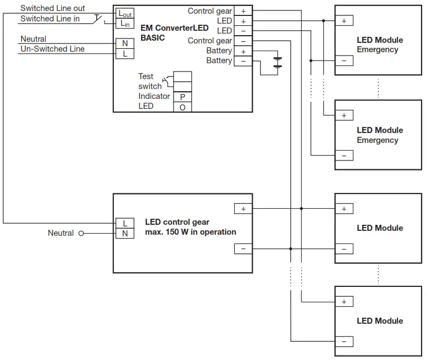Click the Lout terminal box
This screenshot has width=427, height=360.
pyautogui.click(x=125, y=14)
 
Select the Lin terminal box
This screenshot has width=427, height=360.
pyautogui.click(x=125, y=24)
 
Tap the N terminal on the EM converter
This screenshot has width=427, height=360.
pyautogui.click(x=125, y=43)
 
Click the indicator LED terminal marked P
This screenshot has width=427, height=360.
pyautogui.click(x=182, y=97)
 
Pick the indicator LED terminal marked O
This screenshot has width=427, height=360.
pyautogui.click(x=182, y=107)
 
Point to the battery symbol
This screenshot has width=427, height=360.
pyautogui.click(x=278, y=62)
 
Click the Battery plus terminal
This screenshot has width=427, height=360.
pyautogui.click(x=243, y=51)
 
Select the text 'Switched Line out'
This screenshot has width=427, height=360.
pyautogui.click(x=53, y=9)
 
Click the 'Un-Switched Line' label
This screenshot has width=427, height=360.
pyautogui.click(x=53, y=49)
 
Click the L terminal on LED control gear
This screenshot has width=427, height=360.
pyautogui.click(x=125, y=223)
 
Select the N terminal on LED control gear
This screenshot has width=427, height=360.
pyautogui.click(x=125, y=233)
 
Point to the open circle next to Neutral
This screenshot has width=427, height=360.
pyautogui.click(x=81, y=233)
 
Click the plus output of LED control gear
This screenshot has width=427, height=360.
pyautogui.click(x=243, y=209)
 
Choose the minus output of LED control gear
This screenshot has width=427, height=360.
pyautogui.click(x=243, y=249)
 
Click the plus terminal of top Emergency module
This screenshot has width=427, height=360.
pyautogui.click(x=344, y=21)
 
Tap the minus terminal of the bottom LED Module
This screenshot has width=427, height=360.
pyautogui.click(x=344, y=342)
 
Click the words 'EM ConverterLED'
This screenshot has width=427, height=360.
pyautogui.click(x=175, y=28)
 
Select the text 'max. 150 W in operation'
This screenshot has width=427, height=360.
pyautogui.click(x=191, y=232)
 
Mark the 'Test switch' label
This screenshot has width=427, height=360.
pyautogui.click(x=149, y=81)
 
